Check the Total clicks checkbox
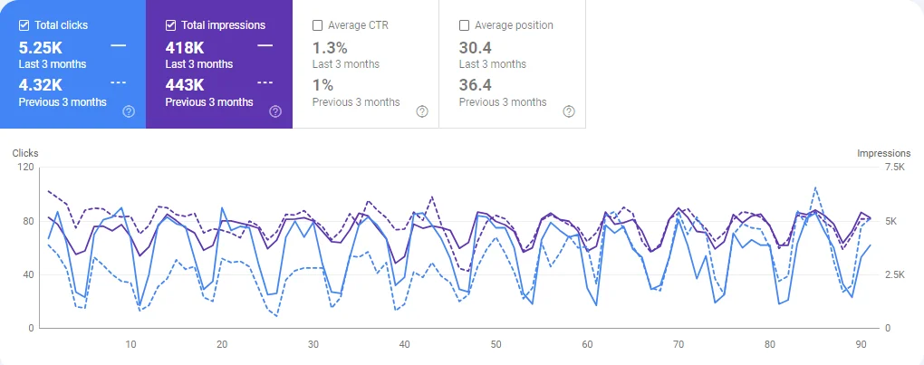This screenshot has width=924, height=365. point(24,25)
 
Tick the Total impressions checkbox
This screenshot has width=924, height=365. point(171,25)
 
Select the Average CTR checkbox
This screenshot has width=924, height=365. point(318,25)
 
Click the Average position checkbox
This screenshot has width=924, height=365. point(465,25)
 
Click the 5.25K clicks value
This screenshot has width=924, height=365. point(40,46)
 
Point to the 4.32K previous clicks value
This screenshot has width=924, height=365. point(40,84)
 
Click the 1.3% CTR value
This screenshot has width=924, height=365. point(330,46)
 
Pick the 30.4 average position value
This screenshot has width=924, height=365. point(475,46)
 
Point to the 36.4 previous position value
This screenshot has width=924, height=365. point(475,84)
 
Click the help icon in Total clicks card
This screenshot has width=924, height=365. point(129,111)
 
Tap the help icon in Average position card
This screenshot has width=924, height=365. point(569,111)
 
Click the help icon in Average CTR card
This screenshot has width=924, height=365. point(422,111)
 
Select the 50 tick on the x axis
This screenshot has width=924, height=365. point(496,345)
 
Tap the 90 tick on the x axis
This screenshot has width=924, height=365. point(861,345)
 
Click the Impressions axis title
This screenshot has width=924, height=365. point(883,153)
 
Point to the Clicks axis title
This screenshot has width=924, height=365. point(25,153)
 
